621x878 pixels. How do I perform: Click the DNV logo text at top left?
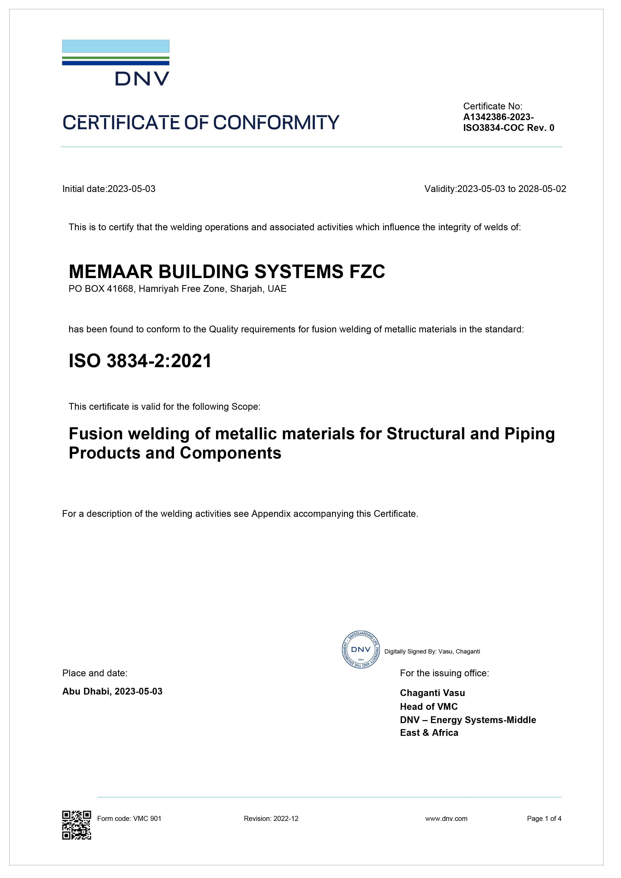(142, 79)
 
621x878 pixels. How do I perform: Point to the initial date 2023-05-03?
(132, 189)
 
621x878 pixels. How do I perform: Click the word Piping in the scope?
(529, 434)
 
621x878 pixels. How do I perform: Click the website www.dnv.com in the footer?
(446, 819)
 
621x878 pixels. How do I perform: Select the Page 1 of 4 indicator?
(544, 819)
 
